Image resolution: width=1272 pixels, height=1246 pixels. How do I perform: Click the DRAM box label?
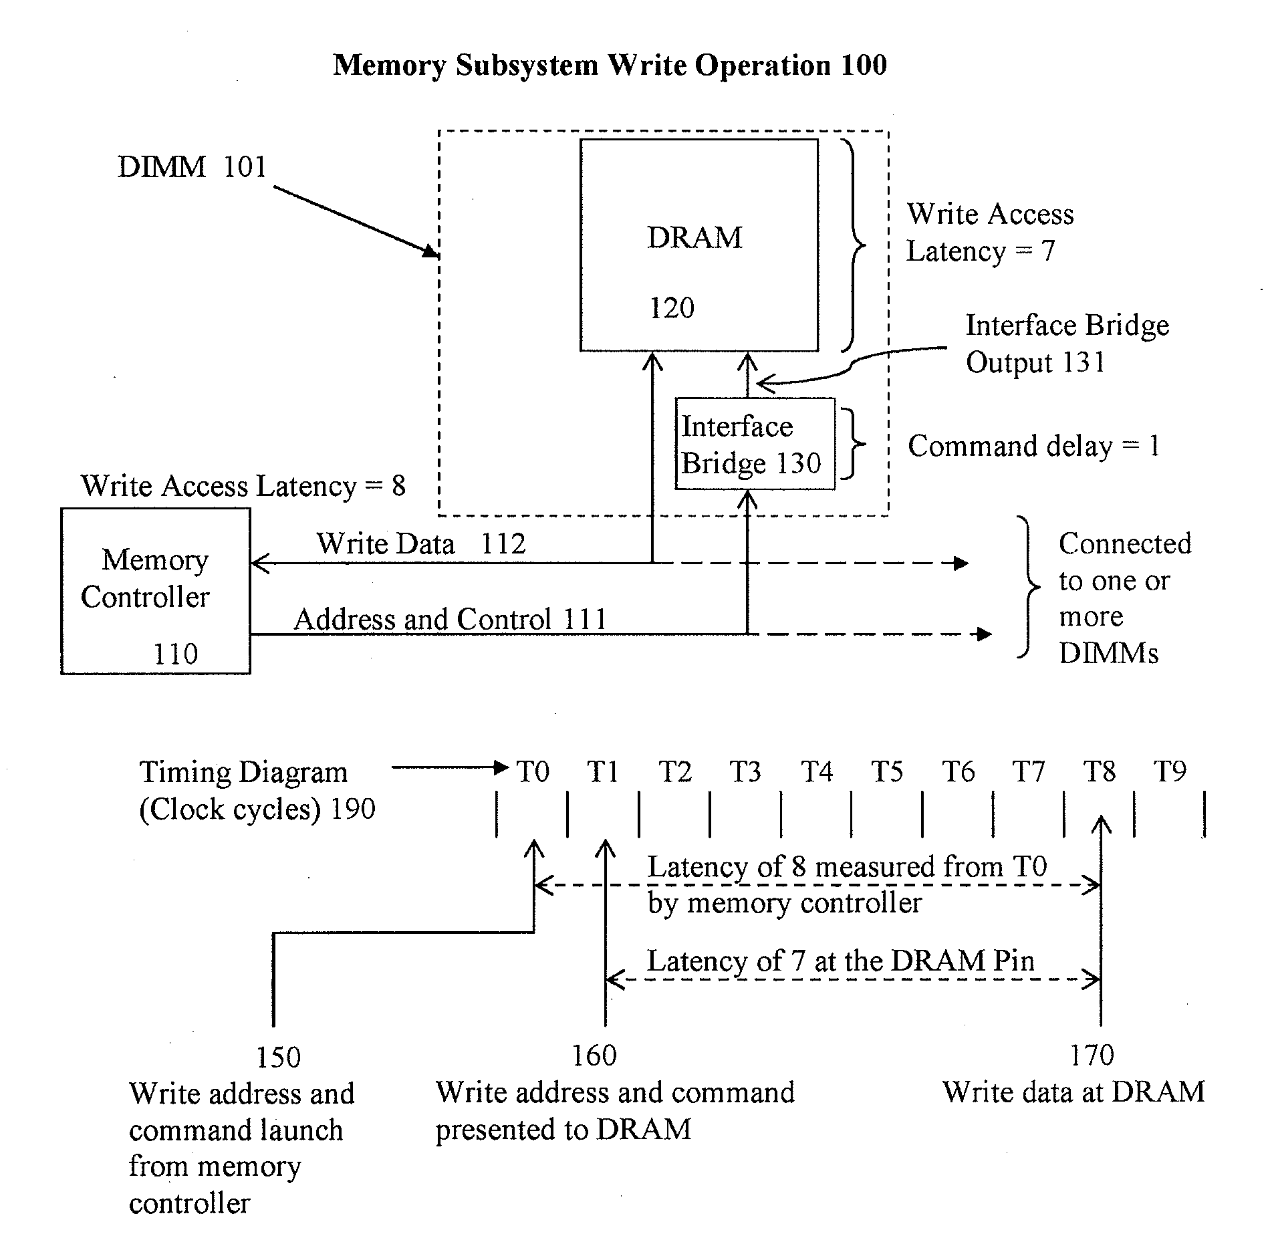(x=694, y=237)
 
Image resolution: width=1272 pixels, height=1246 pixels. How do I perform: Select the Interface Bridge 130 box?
(x=755, y=444)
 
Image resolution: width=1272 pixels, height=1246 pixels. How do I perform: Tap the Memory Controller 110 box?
(x=155, y=591)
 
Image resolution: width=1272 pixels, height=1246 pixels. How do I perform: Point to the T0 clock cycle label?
(x=533, y=772)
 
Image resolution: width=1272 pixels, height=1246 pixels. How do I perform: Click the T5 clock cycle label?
(x=887, y=772)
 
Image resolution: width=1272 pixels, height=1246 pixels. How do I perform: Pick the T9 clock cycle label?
(x=1170, y=772)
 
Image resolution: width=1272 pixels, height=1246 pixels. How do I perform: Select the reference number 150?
(x=278, y=1057)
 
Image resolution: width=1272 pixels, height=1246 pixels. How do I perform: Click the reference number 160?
(x=594, y=1055)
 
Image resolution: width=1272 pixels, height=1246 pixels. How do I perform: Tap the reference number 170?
(x=1092, y=1055)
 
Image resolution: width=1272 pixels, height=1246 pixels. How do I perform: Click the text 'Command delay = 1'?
(x=1033, y=446)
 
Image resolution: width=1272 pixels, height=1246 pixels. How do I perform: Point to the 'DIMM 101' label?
(x=192, y=166)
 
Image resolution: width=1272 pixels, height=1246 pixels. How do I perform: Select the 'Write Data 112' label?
(x=421, y=543)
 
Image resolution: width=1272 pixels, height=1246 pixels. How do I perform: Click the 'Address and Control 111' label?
(x=450, y=619)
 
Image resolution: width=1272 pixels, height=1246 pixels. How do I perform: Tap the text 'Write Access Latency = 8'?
(x=243, y=486)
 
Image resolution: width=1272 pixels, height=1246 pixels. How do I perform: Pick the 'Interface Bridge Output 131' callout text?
(x=1067, y=344)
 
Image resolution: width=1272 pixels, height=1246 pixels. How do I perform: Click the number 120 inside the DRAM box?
(x=672, y=308)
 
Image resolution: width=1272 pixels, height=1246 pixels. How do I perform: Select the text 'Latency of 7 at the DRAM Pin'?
(x=841, y=961)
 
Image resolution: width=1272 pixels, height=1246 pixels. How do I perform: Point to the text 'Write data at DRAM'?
(x=1074, y=1092)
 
